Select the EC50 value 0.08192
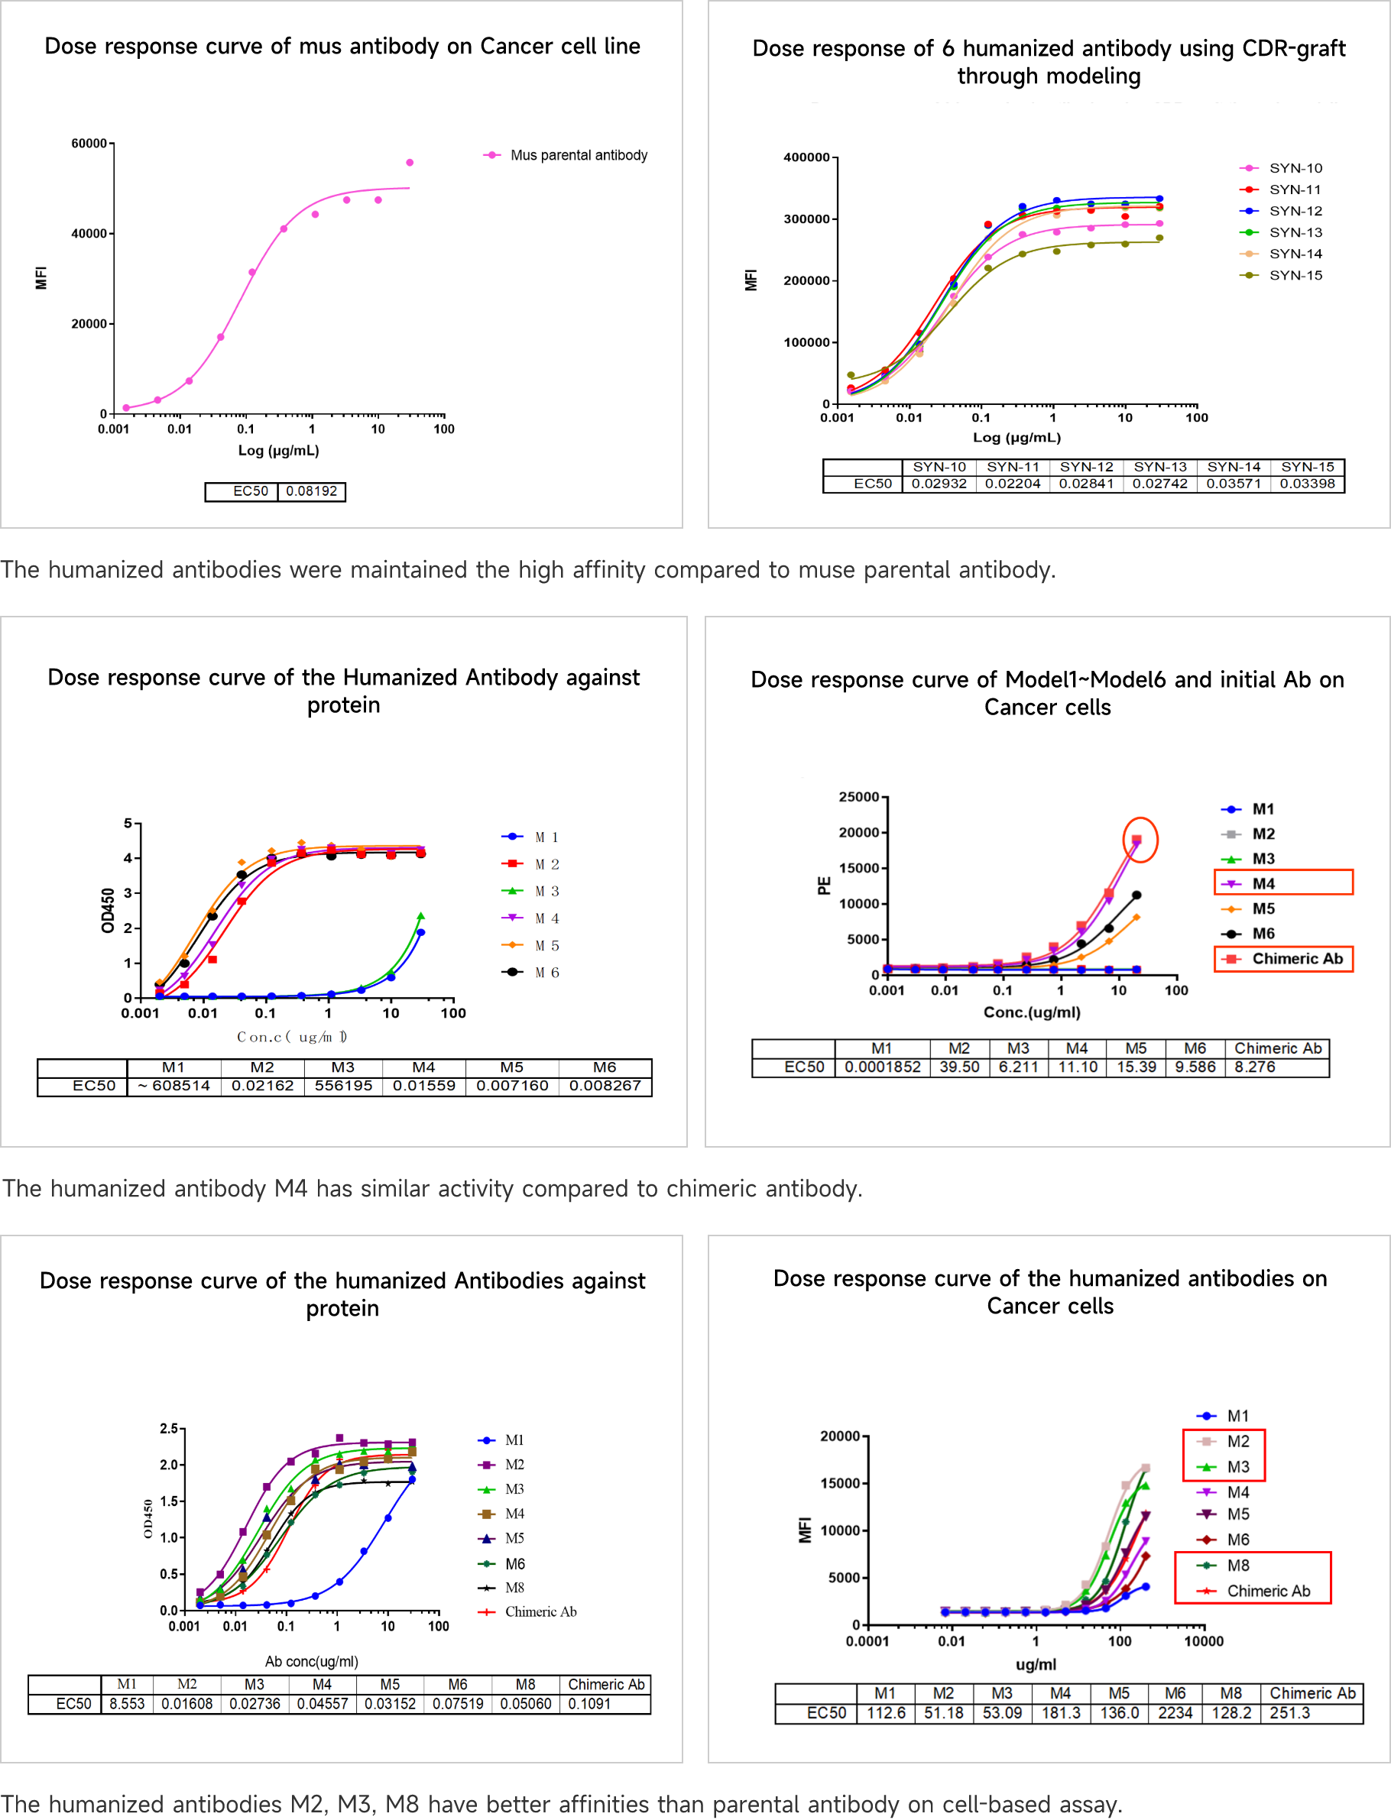click(311, 491)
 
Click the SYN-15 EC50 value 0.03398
click(1308, 484)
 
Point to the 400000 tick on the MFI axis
click(806, 157)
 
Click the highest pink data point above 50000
click(410, 162)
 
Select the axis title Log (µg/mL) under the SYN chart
click(1016, 437)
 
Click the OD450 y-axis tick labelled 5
click(128, 824)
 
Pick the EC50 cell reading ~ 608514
click(174, 1086)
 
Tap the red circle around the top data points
click(1140, 840)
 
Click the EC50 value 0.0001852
click(883, 1067)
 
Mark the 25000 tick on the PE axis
click(858, 797)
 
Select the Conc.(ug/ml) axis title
click(1032, 1012)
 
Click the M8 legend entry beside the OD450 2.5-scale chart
click(514, 1588)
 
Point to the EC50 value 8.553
click(127, 1704)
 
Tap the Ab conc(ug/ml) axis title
click(311, 1661)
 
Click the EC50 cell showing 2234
click(1175, 1713)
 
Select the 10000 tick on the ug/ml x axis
click(1203, 1641)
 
